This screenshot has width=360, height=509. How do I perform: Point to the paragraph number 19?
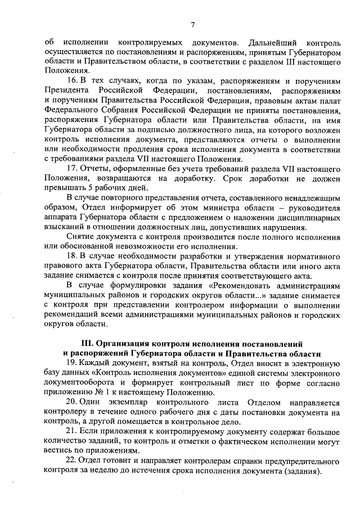71,363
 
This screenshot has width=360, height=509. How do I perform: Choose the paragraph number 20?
71,403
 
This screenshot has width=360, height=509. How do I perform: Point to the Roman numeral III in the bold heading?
89,343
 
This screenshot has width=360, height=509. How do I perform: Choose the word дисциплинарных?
308,218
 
